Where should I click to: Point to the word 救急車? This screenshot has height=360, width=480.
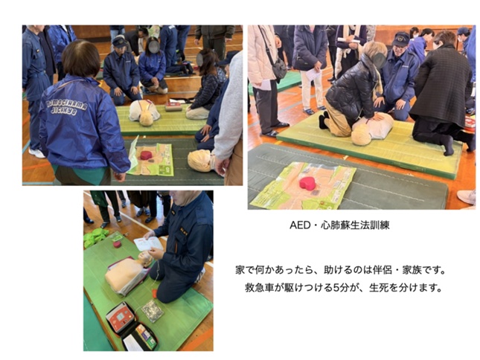tap(259, 288)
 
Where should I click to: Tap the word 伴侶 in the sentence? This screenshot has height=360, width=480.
tap(383, 271)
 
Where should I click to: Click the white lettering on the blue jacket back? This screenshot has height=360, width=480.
tap(66, 107)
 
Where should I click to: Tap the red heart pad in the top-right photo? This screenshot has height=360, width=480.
tap(307, 183)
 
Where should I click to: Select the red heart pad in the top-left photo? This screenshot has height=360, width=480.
tap(146, 155)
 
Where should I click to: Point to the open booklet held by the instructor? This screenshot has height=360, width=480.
tap(148, 243)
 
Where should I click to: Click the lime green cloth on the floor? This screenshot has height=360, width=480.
tap(95, 237)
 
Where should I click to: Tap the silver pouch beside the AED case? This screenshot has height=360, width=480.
tap(153, 311)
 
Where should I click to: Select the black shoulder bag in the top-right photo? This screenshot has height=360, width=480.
tap(279, 68)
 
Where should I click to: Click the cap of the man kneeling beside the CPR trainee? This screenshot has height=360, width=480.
tap(400, 39)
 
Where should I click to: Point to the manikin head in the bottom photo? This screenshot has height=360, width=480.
tap(145, 258)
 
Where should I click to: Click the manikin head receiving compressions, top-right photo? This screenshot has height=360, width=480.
tap(361, 135)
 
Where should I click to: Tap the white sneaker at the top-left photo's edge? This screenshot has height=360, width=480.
tap(36, 152)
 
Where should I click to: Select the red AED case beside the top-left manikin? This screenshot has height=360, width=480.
tap(173, 106)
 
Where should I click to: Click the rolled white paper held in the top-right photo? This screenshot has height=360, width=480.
tap(349, 40)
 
